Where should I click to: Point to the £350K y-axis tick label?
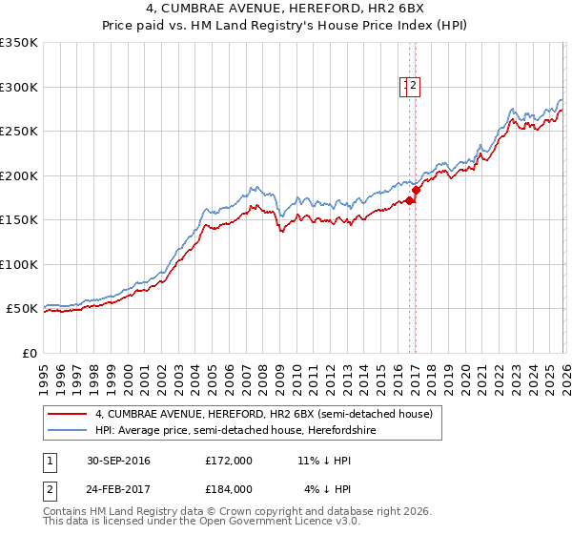click(19, 43)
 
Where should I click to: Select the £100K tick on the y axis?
click(19, 264)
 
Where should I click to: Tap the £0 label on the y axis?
click(29, 353)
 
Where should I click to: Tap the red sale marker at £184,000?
click(417, 190)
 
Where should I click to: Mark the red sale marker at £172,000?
click(410, 200)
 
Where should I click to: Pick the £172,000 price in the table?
click(229, 460)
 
